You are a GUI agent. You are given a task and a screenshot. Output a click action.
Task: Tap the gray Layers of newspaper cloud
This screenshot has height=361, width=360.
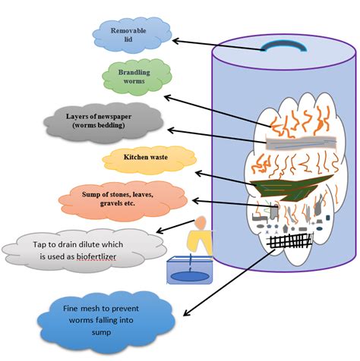99,121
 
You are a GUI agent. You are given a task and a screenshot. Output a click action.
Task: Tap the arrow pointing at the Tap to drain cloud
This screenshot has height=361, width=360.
175,228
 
